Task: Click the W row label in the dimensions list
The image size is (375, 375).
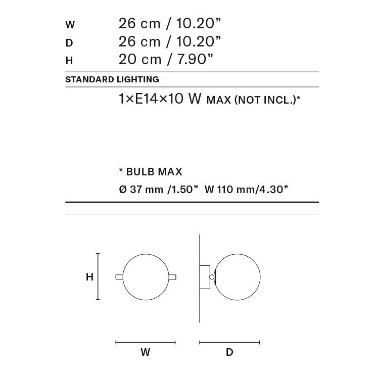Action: pyautogui.click(x=70, y=25)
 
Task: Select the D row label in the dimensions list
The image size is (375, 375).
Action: pyautogui.click(x=69, y=43)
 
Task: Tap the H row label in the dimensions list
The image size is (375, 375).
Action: pyautogui.click(x=69, y=61)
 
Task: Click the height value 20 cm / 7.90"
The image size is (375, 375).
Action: pyautogui.click(x=166, y=59)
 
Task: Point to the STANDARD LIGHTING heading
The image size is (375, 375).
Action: pyautogui.click(x=112, y=79)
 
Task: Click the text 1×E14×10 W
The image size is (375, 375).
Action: pyautogui.click(x=160, y=99)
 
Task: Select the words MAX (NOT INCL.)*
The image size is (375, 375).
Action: pyautogui.click(x=253, y=100)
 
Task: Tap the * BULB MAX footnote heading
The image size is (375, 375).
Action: pyautogui.click(x=151, y=172)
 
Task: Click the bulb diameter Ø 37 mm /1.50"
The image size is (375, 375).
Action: pyautogui.click(x=159, y=190)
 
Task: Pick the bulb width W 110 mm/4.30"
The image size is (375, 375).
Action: pyautogui.click(x=246, y=190)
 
